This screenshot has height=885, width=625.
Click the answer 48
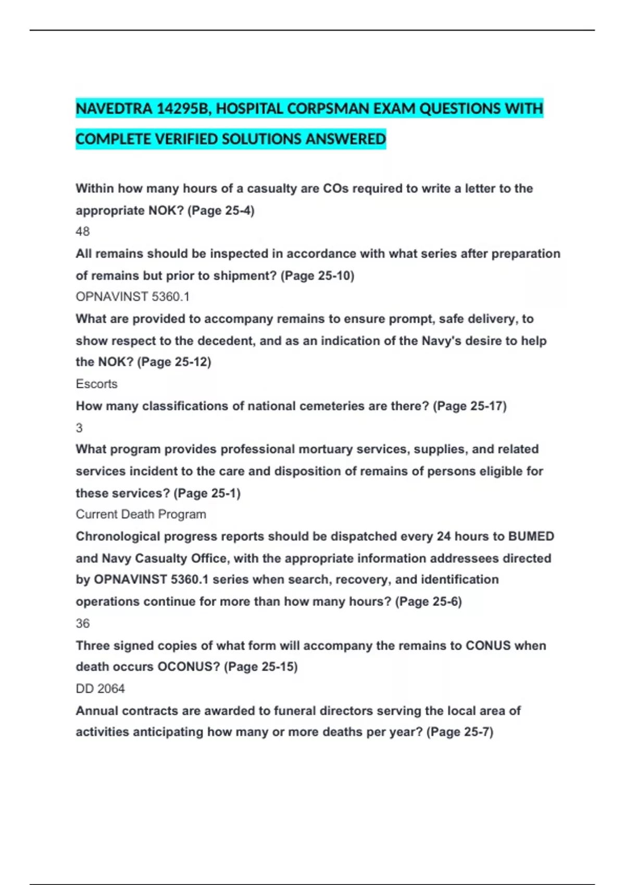(x=83, y=231)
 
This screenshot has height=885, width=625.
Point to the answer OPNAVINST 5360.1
(x=132, y=297)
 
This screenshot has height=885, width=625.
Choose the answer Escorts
(x=96, y=384)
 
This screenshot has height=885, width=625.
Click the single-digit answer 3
(x=79, y=428)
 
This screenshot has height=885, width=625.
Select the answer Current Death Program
(x=141, y=514)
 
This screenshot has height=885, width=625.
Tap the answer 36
(x=83, y=623)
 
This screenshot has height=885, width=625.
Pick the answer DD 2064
(x=100, y=689)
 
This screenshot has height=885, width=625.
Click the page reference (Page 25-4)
(x=221, y=210)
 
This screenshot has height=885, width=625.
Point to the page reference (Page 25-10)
(x=317, y=275)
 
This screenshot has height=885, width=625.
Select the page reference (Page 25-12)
(x=174, y=362)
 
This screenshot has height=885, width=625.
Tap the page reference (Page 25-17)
(x=469, y=406)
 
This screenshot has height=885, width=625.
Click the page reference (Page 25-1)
(x=207, y=493)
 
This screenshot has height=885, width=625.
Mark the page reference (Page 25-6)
(x=428, y=602)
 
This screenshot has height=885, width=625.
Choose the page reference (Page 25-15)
(x=260, y=667)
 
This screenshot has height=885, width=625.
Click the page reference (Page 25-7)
(x=459, y=732)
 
